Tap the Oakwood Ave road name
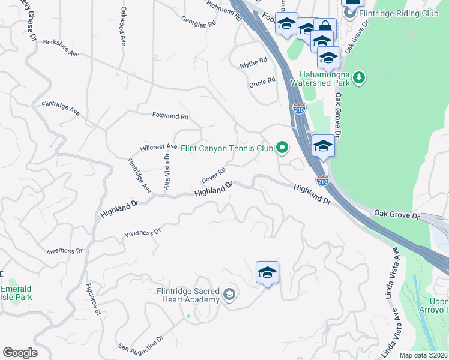(x=124, y=27)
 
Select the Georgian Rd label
(x=199, y=23)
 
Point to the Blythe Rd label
(x=253, y=62)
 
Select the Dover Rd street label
(x=213, y=176)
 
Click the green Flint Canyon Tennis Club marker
(x=281, y=147)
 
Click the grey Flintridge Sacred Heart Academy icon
(x=229, y=295)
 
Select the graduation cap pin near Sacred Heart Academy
(x=267, y=272)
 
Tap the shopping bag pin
(x=325, y=27)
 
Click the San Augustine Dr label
(x=140, y=343)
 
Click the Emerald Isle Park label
(x=16, y=292)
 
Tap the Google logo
(x=20, y=352)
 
